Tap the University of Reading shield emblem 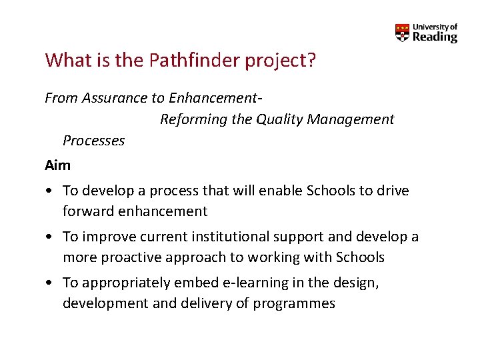tap(402, 33)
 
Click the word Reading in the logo tap(435, 37)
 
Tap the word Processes tap(93, 141)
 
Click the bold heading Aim tap(57, 165)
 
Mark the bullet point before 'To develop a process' tap(49, 191)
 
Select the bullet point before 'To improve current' tap(49, 237)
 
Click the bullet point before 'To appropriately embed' tap(49, 283)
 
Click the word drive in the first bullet tap(393, 191)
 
